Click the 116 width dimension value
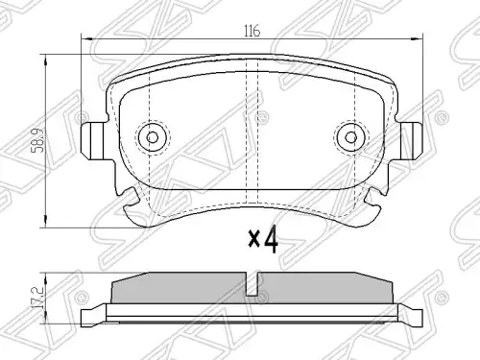[x=252, y=32]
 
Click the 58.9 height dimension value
[x=39, y=140]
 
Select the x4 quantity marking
[x=263, y=239]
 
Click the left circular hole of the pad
[x=153, y=137]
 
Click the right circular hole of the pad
[x=351, y=137]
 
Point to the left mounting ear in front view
[x=93, y=141]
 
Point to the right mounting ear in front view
[x=411, y=141]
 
